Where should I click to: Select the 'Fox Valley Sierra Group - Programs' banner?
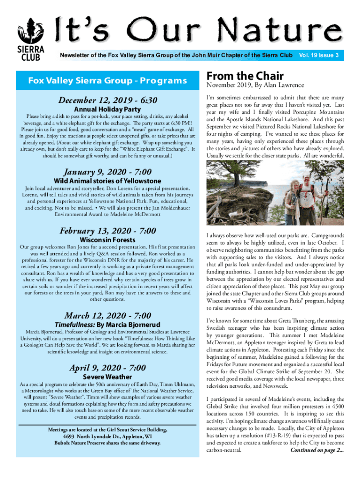tap(108, 80)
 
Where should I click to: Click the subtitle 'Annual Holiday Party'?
tap(108, 109)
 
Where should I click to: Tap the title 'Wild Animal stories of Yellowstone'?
tap(108, 181)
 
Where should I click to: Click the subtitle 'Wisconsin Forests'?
tap(108, 240)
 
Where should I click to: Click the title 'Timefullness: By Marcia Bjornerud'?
tap(108, 325)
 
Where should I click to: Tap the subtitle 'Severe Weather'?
tap(108, 377)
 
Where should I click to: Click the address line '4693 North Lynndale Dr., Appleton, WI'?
tap(108, 436)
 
